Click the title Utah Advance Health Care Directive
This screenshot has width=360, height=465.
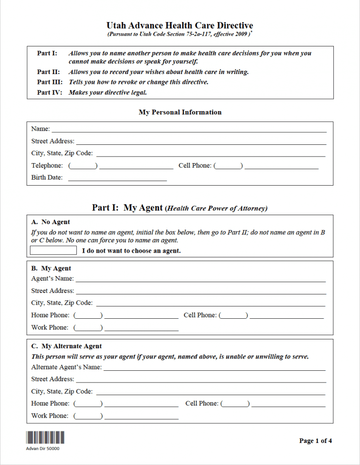coord(180,26)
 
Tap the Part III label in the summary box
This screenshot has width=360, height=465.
coord(50,82)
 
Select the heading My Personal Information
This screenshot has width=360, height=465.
coord(180,112)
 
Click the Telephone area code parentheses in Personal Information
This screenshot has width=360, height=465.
coord(83,166)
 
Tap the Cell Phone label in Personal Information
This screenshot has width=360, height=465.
coord(195,166)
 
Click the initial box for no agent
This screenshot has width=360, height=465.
coord(53,250)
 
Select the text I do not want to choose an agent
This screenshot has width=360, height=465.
coord(131,251)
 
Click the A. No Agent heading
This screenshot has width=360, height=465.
coord(51,222)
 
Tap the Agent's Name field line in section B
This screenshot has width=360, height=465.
coord(201,279)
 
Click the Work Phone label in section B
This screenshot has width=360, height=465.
coord(50,328)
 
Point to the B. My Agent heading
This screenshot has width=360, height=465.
coord(51,269)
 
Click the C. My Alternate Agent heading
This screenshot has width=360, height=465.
coord(67,346)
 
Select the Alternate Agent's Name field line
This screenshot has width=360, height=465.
coord(214,368)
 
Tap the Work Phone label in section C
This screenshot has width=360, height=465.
coord(50,416)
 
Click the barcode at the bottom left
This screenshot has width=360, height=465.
coord(45,437)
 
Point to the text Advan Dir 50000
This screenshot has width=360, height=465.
coord(43,449)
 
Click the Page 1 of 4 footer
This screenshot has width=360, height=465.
coord(315,441)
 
